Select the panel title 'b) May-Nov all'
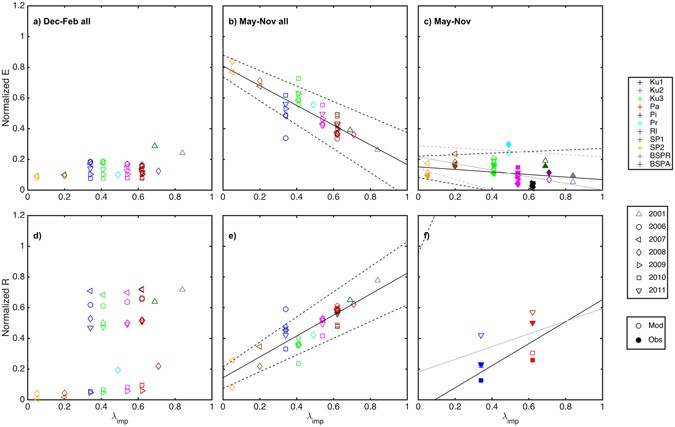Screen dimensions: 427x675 262,22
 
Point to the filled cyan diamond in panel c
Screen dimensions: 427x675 508,144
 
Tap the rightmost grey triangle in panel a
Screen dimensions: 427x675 182,152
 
